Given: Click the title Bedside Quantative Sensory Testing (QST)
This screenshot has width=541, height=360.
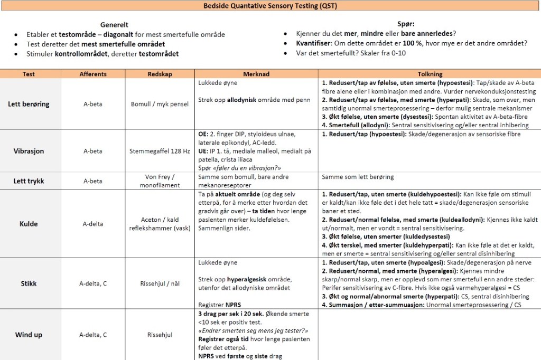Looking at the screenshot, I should (270, 6).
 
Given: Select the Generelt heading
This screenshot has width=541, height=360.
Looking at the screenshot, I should (114, 25).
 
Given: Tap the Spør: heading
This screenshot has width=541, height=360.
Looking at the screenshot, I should (406, 24).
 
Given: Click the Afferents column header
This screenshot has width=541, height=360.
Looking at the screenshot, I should (93, 74).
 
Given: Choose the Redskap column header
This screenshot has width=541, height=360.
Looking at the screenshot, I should (160, 74).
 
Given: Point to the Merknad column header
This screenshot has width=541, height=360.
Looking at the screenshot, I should (257, 74).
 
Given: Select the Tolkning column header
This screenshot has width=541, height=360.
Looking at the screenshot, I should (430, 74).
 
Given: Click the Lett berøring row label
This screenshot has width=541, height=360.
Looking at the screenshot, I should (29, 104).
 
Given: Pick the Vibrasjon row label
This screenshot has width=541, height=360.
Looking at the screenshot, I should (29, 151).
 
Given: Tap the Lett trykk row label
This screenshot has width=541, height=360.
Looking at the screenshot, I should (29, 181).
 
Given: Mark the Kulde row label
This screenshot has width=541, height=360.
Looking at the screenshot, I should (29, 224).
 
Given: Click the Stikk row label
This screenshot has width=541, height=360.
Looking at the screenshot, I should (29, 283).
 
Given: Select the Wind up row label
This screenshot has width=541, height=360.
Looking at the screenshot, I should (29, 335).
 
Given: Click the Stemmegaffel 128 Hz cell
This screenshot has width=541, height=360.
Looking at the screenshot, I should (160, 151).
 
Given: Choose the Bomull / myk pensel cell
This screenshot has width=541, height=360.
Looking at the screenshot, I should (160, 104).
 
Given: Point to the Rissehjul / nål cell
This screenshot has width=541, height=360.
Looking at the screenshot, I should (160, 283).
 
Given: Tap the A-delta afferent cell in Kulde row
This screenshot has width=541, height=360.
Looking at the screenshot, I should (93, 224).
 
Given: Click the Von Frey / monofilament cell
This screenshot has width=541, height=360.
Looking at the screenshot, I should (160, 181).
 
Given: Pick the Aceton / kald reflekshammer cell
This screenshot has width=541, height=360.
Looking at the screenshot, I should (160, 224).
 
